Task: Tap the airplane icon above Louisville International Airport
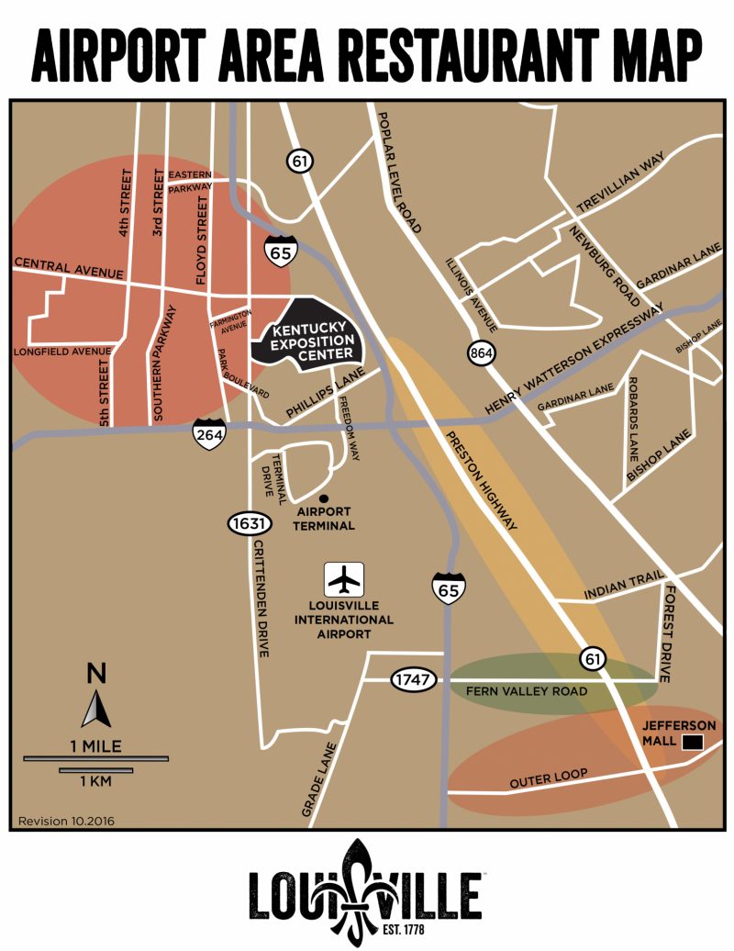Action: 345,580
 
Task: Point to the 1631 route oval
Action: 249,524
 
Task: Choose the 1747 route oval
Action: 412,680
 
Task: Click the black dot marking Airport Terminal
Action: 324,498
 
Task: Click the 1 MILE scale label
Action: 96,744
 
